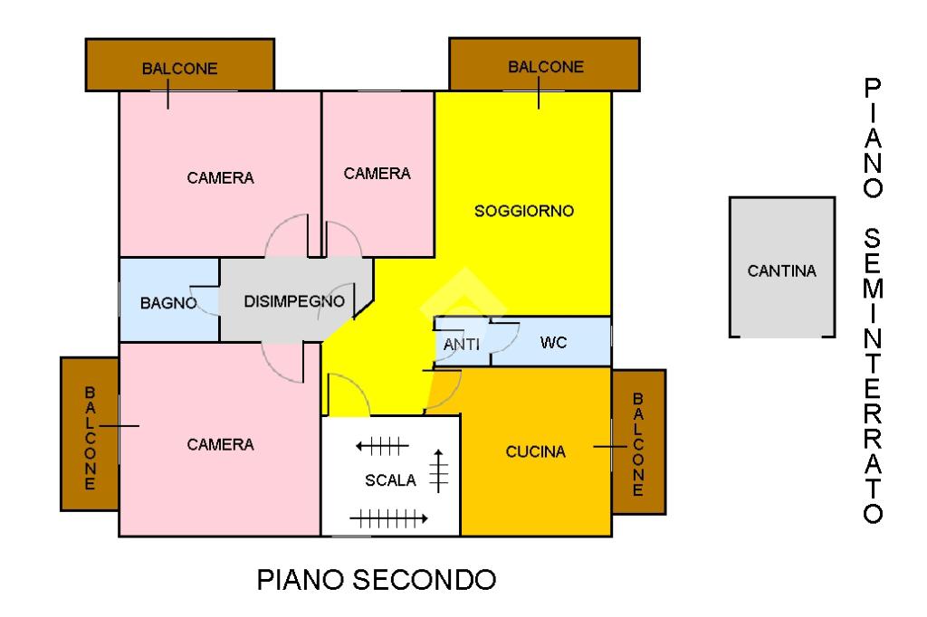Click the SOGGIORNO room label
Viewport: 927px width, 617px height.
(x=524, y=211)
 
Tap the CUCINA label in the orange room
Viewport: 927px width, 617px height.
(x=536, y=452)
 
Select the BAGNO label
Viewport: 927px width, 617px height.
(x=168, y=303)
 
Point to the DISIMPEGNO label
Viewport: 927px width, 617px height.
(x=294, y=301)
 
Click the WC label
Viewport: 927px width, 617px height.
(x=553, y=343)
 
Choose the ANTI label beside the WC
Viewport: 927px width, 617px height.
(x=461, y=344)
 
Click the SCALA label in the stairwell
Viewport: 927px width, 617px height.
(x=390, y=480)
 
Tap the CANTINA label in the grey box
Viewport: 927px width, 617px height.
(x=781, y=271)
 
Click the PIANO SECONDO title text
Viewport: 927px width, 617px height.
(x=376, y=580)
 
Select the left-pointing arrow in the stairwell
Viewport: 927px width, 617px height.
(x=382, y=446)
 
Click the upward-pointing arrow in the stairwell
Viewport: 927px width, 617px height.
(x=438, y=471)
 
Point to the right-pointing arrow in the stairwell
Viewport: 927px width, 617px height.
(x=388, y=519)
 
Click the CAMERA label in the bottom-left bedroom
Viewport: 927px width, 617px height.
(x=220, y=444)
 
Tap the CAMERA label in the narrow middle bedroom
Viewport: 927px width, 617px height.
(x=377, y=174)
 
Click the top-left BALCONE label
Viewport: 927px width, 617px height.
(x=180, y=69)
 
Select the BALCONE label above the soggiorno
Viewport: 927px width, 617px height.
(x=546, y=67)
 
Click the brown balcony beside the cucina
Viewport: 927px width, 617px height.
(x=639, y=442)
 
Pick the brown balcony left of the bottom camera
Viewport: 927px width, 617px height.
(x=90, y=433)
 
